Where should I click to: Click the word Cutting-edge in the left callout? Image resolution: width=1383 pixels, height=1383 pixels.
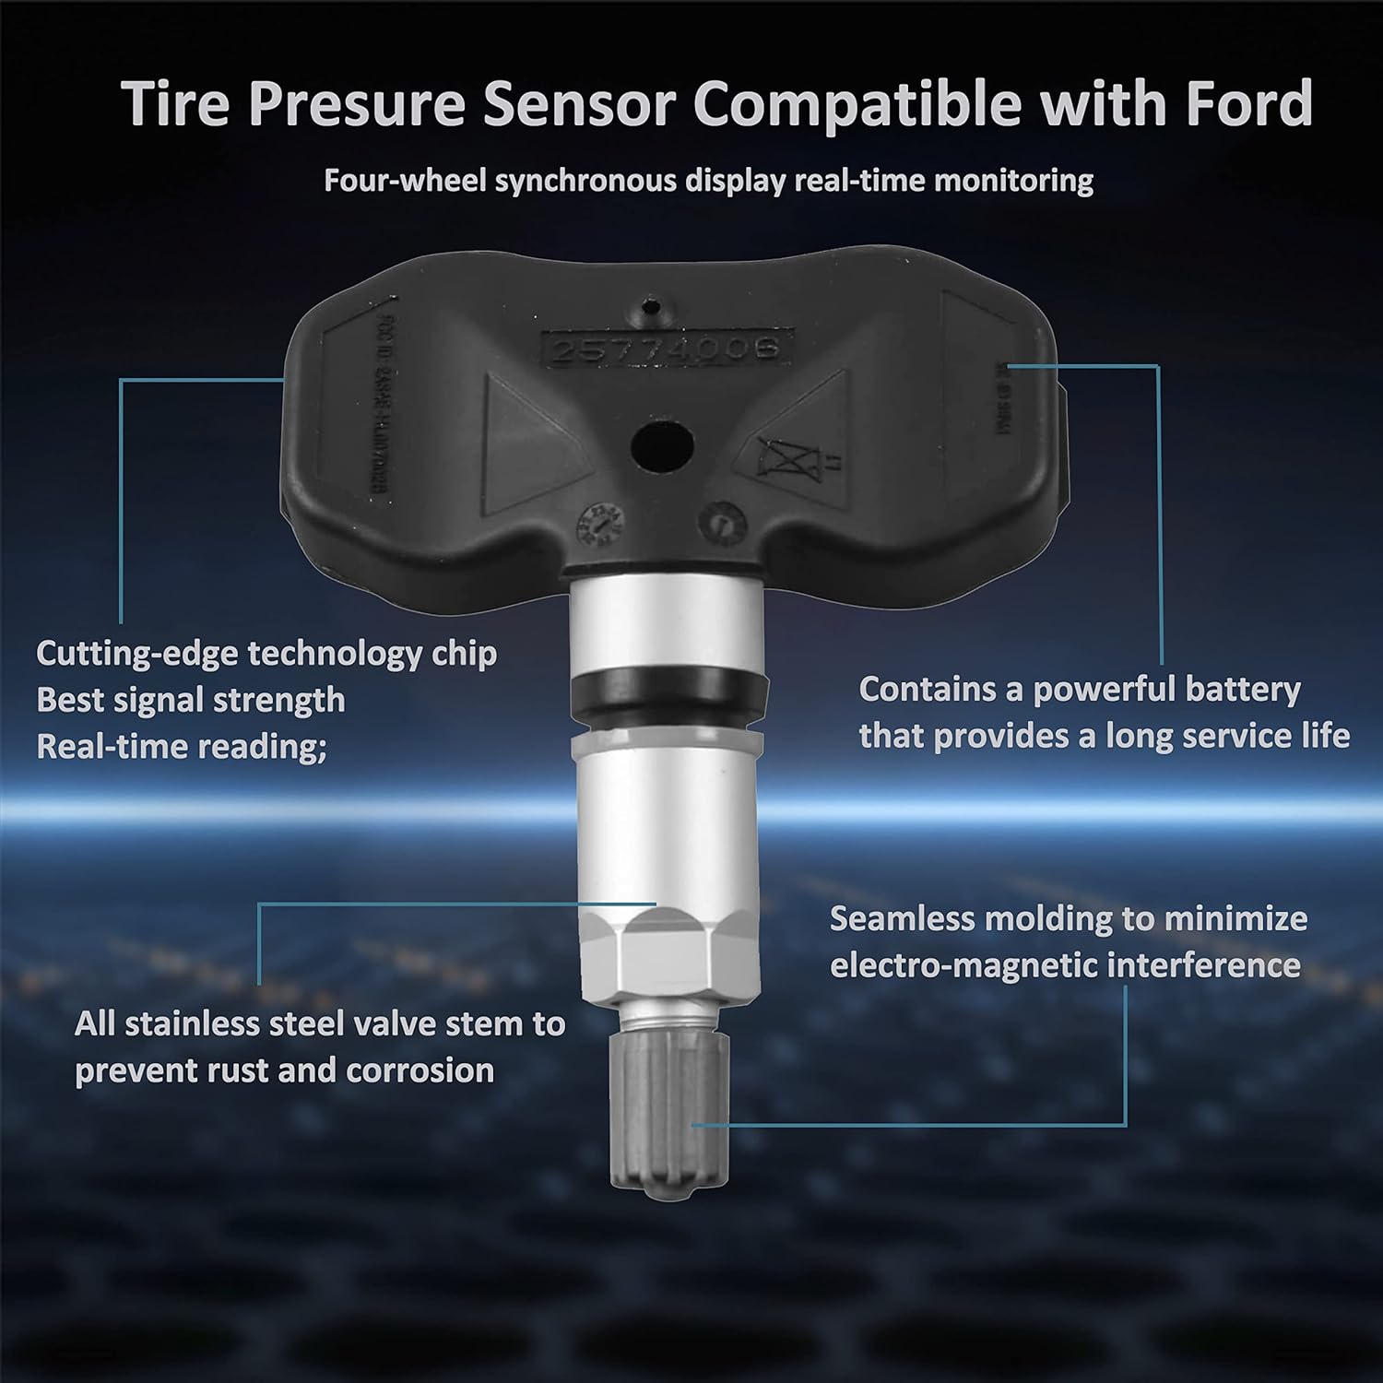click(136, 654)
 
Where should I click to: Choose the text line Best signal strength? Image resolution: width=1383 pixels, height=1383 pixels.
click(190, 701)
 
